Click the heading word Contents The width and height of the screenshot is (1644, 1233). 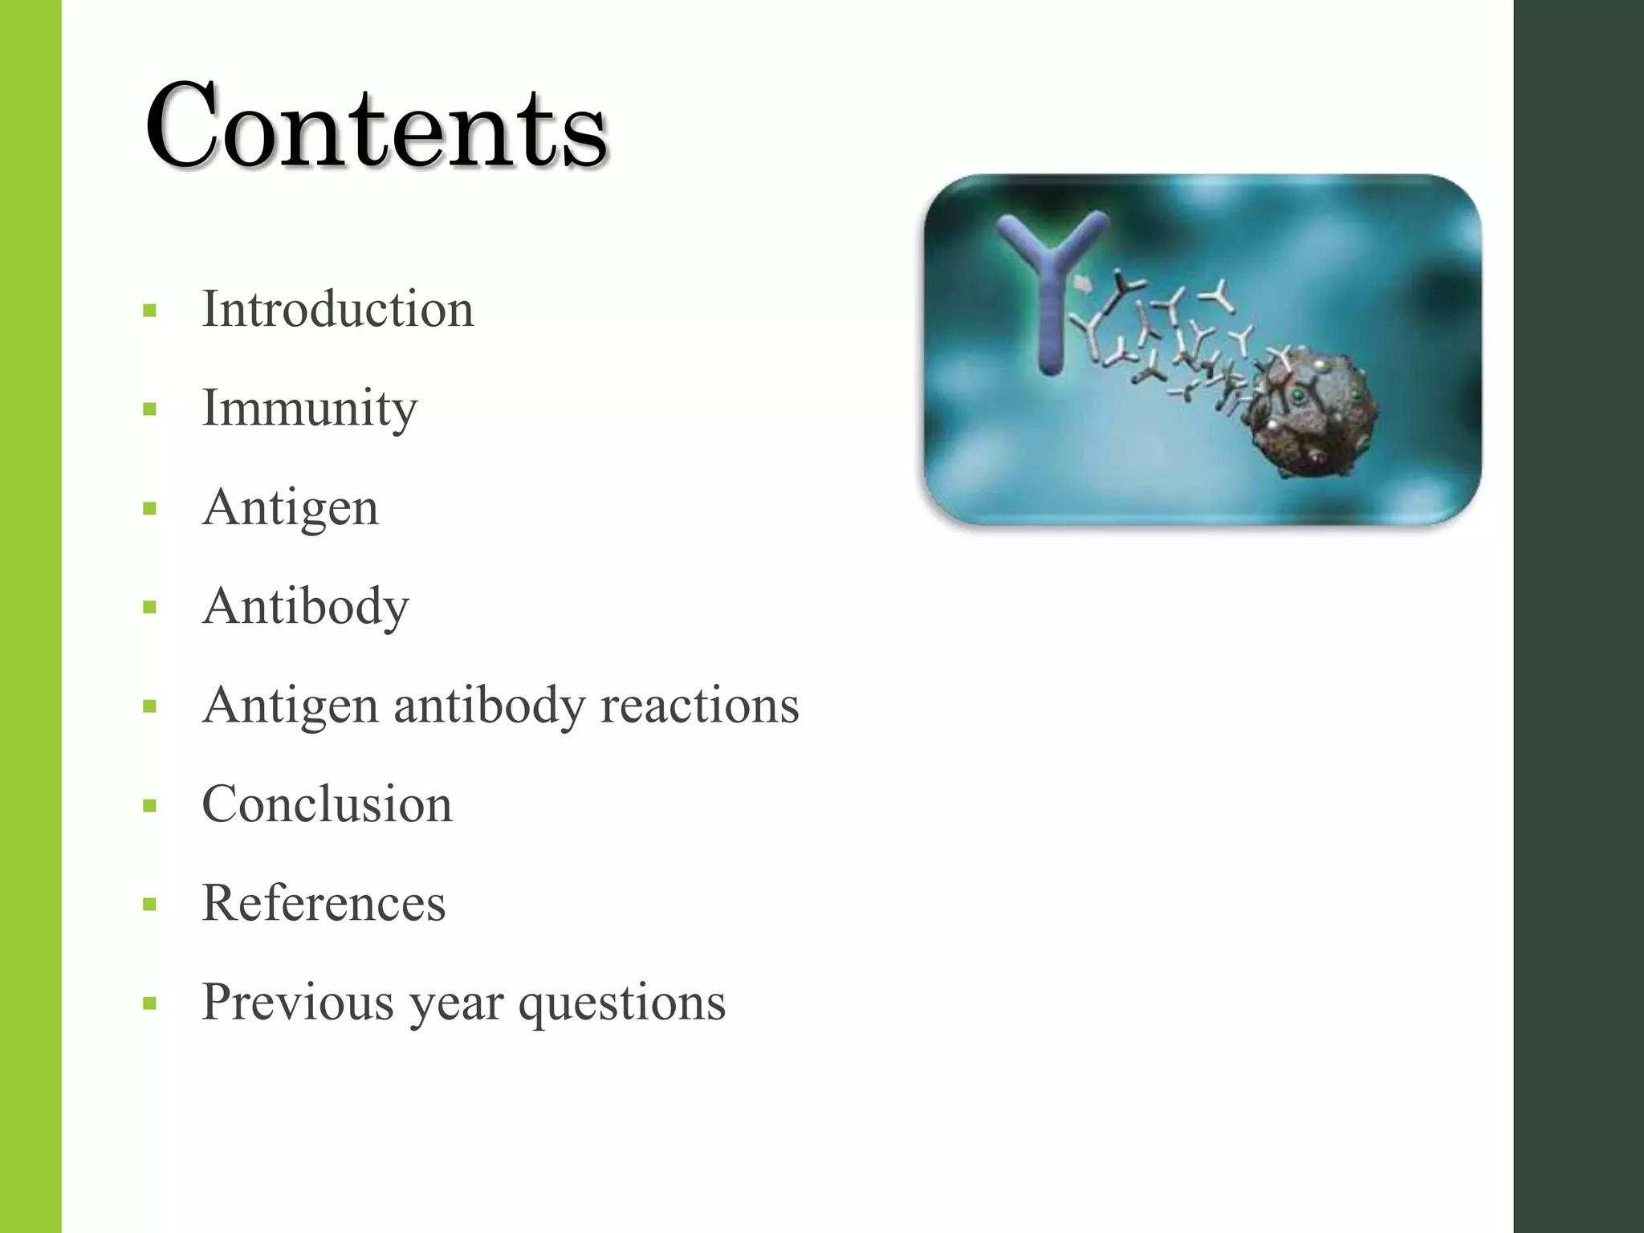pyautogui.click(x=376, y=127)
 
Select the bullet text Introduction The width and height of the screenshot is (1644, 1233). pyautogui.click(x=338, y=309)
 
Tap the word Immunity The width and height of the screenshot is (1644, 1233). pyautogui.click(x=310, y=409)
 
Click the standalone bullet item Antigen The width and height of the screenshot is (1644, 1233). pyautogui.click(x=291, y=508)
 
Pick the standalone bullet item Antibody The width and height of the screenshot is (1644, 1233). pyautogui.click(x=306, y=607)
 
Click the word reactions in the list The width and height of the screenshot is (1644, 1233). pyautogui.click(x=700, y=706)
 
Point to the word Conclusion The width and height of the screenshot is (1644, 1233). pyautogui.click(x=328, y=804)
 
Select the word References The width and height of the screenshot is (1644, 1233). pyautogui.click(x=324, y=903)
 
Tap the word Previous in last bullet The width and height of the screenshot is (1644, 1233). pyautogui.click(x=298, y=1002)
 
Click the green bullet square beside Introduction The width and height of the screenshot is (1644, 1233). pyautogui.click(x=149, y=311)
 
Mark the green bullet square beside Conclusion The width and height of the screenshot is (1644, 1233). pyautogui.click(x=149, y=806)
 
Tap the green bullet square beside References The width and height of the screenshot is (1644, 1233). pyautogui.click(x=149, y=905)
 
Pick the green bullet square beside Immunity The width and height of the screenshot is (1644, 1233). pyautogui.click(x=149, y=409)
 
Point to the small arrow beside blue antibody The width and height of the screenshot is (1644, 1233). pyautogui.click(x=1083, y=283)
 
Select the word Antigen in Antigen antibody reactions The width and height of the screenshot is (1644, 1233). pyautogui.click(x=291, y=706)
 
